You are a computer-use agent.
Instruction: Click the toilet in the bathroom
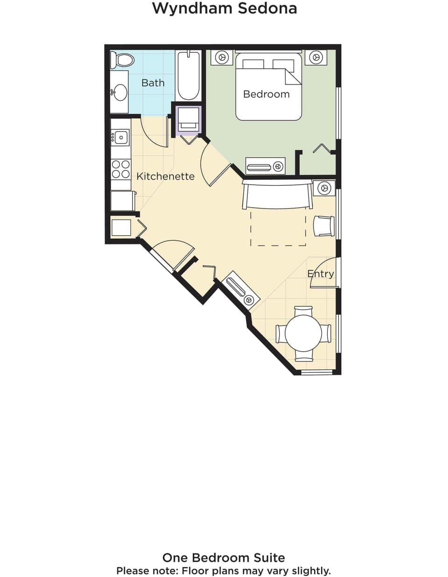click(x=122, y=60)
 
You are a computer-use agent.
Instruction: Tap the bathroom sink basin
click(x=120, y=92)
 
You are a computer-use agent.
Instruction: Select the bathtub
click(x=189, y=76)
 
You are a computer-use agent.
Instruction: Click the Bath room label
click(x=153, y=83)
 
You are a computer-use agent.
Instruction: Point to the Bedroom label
click(x=266, y=94)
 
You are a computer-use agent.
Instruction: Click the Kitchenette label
click(x=165, y=176)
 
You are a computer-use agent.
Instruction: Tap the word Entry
click(x=321, y=274)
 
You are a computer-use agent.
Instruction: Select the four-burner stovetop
click(x=121, y=169)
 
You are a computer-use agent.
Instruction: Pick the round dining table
click(x=303, y=333)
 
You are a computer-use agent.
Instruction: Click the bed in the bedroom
click(x=268, y=87)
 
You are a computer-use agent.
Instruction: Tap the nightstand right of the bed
click(x=316, y=57)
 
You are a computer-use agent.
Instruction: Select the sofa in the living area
click(x=277, y=195)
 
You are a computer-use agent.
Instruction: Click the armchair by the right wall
click(x=324, y=226)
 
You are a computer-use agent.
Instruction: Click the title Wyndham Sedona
click(x=224, y=8)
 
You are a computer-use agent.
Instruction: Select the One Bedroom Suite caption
click(x=224, y=557)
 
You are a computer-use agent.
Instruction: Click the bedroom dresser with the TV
click(x=265, y=166)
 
